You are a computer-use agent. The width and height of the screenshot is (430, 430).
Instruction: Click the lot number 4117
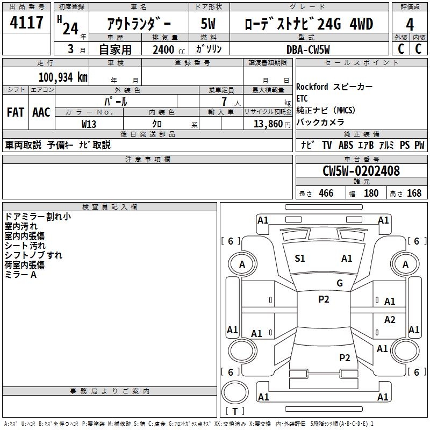pos(27,23)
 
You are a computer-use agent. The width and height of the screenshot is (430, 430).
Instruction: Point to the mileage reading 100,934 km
pos(63,77)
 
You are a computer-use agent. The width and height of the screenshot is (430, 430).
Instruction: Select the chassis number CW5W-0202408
pos(361,171)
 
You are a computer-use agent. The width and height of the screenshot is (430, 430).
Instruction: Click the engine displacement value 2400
pos(163,50)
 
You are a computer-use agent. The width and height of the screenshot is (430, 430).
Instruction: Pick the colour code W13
pos(89,124)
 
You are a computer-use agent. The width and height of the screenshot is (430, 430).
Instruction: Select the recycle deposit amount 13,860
pos(267,124)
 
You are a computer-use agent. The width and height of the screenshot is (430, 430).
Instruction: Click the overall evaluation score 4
pos(410,24)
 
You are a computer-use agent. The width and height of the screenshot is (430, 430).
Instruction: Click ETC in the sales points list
pos(302,99)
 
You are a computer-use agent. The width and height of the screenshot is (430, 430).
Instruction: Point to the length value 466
pos(326,193)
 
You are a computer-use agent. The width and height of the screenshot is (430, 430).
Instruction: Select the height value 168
pos(414,193)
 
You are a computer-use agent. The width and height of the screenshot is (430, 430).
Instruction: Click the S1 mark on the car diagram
pos(300,259)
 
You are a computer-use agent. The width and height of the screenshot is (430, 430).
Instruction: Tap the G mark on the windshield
pos(340,283)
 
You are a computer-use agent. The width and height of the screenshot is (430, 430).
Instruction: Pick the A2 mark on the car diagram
pos(390,320)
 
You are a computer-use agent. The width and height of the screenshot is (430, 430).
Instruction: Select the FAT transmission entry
pos(15,112)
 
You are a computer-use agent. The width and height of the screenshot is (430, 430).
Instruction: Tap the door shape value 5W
pos(209,24)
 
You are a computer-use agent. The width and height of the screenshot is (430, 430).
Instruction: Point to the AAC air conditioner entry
pos(41,112)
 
